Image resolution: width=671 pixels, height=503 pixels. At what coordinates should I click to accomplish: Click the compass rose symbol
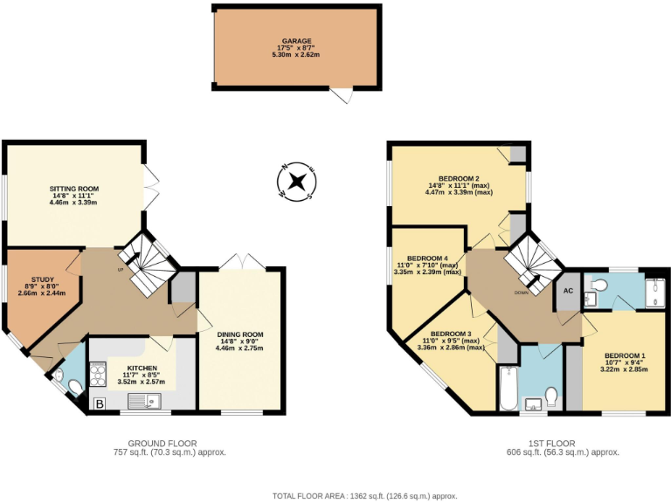297,182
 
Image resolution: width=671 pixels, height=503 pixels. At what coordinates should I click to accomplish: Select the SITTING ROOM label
73,189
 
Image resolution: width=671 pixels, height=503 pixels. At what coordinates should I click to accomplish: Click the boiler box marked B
98,403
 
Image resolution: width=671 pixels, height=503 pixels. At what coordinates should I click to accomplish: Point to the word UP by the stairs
120,269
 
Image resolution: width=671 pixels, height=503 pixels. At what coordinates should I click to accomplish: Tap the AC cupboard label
567,291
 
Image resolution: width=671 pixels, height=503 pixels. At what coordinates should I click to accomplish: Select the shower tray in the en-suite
655,292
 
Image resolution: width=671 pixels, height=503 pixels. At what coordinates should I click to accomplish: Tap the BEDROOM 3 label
451,334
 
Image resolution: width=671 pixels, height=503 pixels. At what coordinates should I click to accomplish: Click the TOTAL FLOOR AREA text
364,494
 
